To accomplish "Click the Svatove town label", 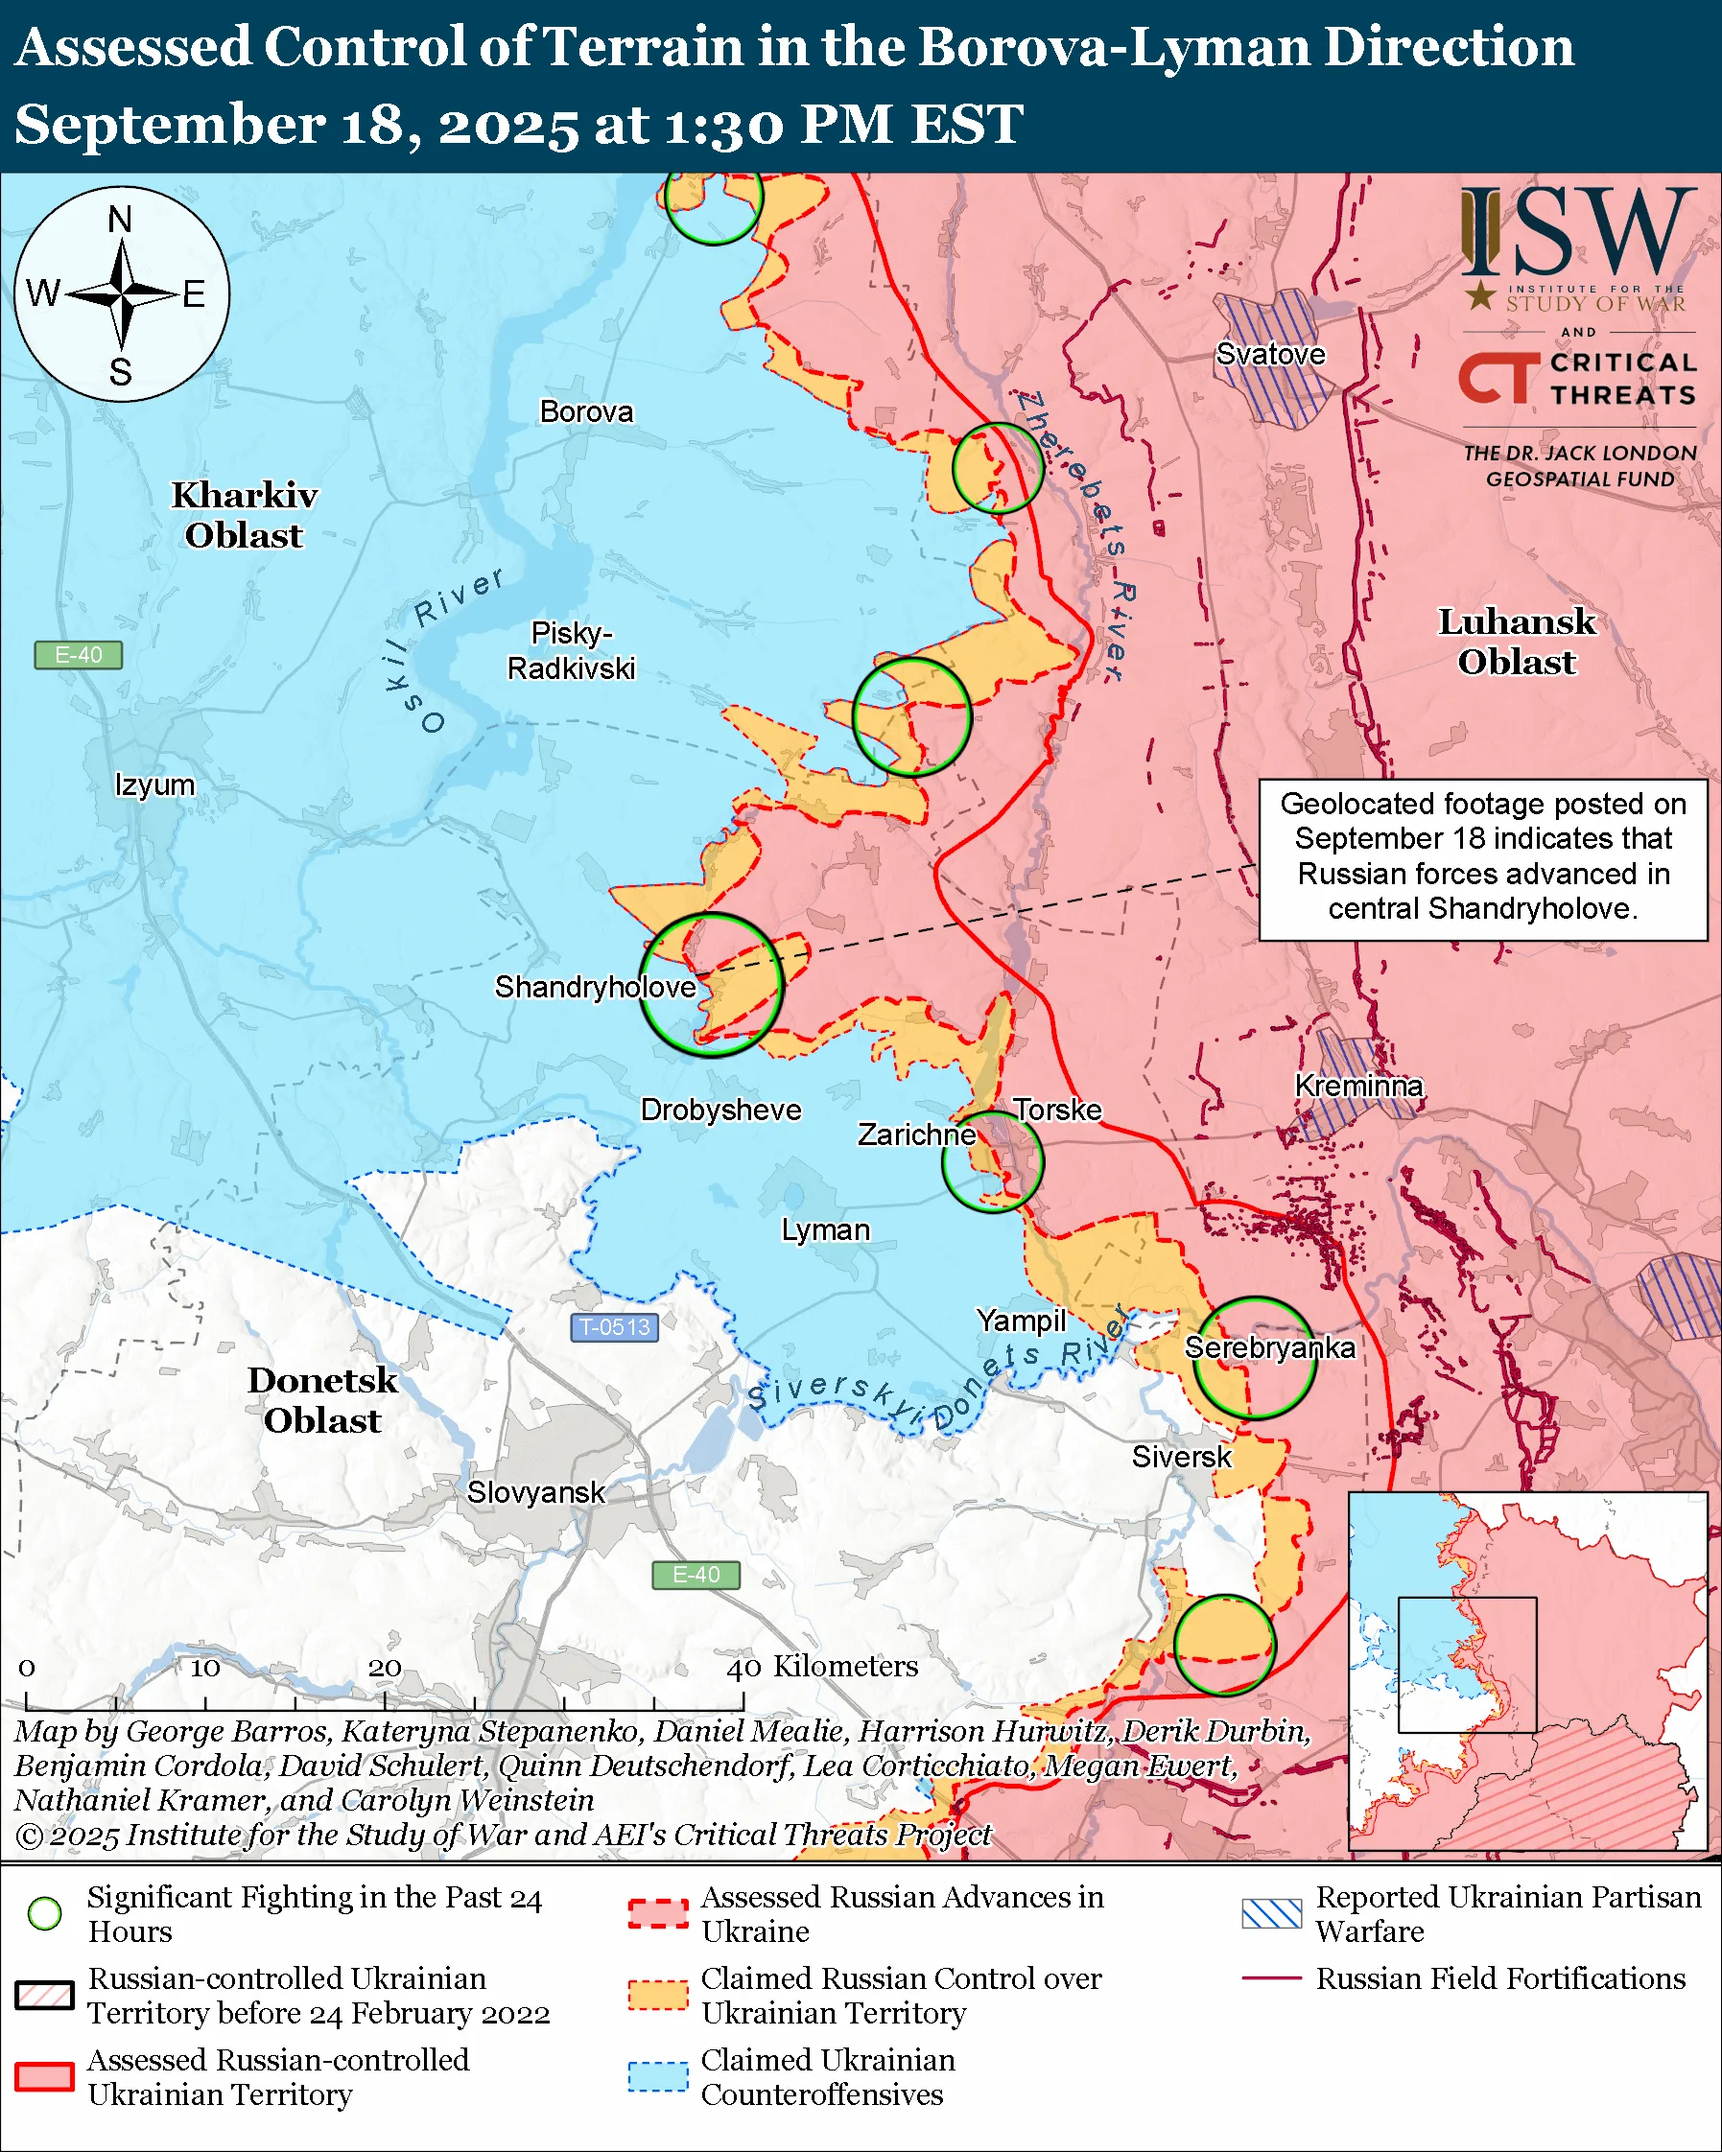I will click(1270, 354).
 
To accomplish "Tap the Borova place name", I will click(586, 411).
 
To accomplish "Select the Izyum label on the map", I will click(154, 784).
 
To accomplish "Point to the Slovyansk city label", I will click(535, 1492).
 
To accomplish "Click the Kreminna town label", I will click(1357, 1085).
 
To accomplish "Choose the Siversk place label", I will click(1181, 1457).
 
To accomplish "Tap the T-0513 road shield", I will click(614, 1326).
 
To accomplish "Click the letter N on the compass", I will click(120, 220).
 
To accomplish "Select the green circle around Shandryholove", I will click(711, 985).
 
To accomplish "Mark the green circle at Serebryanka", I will click(1255, 1358).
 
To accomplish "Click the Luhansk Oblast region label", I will click(1516, 642).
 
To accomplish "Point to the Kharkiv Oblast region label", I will click(245, 515).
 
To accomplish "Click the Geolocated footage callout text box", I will click(1482, 859).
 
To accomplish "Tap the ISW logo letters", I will click(1577, 231).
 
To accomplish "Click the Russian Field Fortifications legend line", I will click(1272, 1977).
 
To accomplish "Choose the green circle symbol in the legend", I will click(45, 1913).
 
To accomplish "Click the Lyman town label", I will click(825, 1229).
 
